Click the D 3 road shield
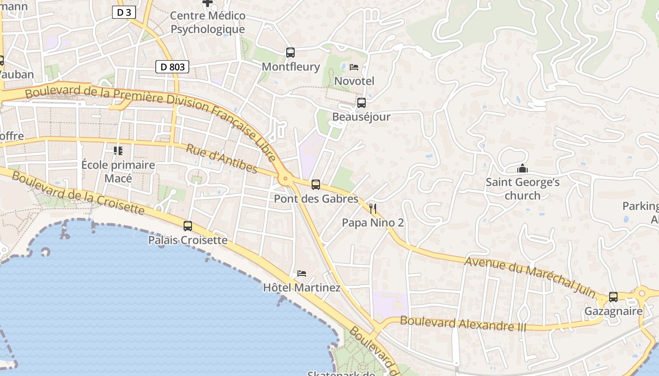point(124,12)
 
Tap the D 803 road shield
point(172,67)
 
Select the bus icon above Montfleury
point(290,53)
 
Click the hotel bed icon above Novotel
point(354,67)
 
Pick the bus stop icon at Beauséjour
point(362,103)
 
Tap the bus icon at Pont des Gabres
point(316,185)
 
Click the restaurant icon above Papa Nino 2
point(373,209)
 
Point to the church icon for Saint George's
point(522,168)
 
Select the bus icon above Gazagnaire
point(613,297)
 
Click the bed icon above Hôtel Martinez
point(302,274)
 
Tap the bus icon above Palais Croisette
point(188,226)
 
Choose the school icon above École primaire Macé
point(118,151)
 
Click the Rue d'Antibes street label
point(222,159)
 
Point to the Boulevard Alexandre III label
point(463,324)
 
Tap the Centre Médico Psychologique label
point(208,22)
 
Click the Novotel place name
point(354,81)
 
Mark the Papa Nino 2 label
point(373,223)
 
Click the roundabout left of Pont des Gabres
point(284,179)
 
